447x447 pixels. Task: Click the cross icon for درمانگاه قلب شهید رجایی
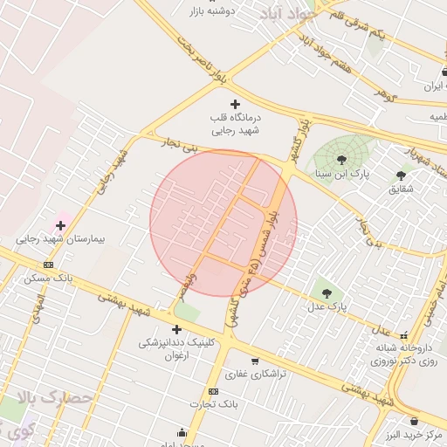(x=234, y=105)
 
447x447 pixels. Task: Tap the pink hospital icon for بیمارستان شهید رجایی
(x=60, y=225)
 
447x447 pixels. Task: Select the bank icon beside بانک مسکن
(x=48, y=265)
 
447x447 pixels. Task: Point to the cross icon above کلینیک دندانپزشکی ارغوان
(x=177, y=329)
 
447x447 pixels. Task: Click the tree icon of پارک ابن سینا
(x=340, y=159)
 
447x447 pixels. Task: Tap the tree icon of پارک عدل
(x=327, y=293)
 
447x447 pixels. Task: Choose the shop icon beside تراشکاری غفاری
(x=255, y=361)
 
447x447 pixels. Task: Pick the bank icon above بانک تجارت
(x=213, y=391)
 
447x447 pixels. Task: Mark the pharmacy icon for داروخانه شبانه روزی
(x=403, y=334)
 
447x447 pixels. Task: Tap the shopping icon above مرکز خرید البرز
(x=414, y=421)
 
